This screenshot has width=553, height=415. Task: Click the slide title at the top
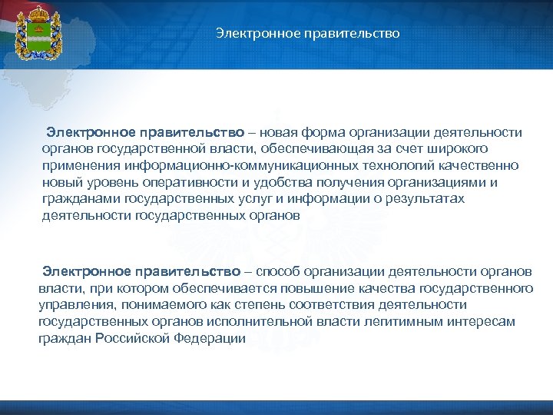307,34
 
